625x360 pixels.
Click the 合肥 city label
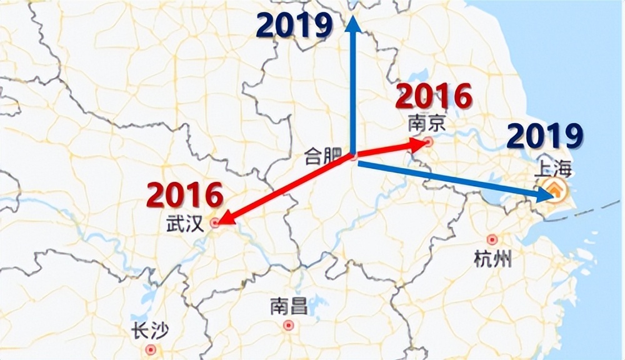pyautogui.click(x=322, y=156)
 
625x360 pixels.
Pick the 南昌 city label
pyautogui.click(x=288, y=307)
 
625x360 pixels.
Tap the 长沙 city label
pyautogui.click(x=149, y=331)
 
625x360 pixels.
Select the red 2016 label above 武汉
pyautogui.click(x=185, y=195)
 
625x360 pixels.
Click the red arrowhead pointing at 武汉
pyautogui.click(x=222, y=219)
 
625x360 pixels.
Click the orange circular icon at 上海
pyautogui.click(x=554, y=189)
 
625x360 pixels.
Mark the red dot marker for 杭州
pyautogui.click(x=492, y=239)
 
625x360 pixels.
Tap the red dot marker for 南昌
pyautogui.click(x=288, y=325)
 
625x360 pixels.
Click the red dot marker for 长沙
pyautogui.click(x=150, y=349)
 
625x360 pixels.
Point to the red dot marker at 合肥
pyautogui.click(x=354, y=157)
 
